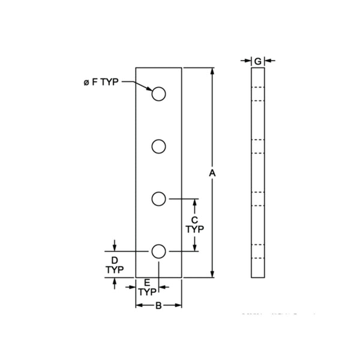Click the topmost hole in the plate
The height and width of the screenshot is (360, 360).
point(159,94)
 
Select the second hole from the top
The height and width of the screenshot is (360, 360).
point(159,146)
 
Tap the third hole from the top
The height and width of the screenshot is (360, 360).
point(159,199)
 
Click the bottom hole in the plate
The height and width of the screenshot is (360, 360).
point(159,251)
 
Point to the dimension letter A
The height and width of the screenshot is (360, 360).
point(212,173)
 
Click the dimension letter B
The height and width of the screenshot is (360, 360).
point(158,305)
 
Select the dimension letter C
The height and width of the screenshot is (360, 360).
point(194,220)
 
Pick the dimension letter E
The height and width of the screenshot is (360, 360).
point(147,282)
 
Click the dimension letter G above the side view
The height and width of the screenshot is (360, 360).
point(257,61)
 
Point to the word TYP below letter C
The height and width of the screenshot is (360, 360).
point(194,229)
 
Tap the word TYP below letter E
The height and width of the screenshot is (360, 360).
point(147,292)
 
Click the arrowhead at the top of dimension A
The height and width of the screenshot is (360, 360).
point(212,71)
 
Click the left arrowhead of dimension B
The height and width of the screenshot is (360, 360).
point(139,305)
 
